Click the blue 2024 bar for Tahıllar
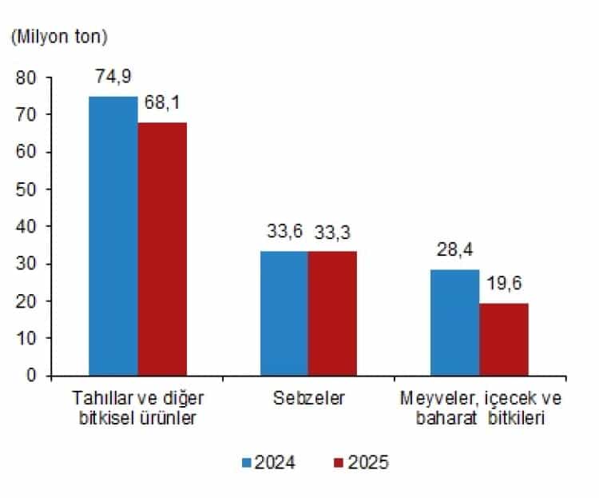[x=113, y=236]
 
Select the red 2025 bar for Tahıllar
[x=162, y=249]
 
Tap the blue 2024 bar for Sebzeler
[x=284, y=313]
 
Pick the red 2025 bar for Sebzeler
[x=332, y=313]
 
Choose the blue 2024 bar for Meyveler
[x=454, y=322]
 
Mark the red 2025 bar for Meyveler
[x=504, y=339]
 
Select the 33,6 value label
[x=284, y=233]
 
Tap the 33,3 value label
[x=332, y=233]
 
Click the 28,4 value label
[x=454, y=252]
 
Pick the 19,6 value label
[x=504, y=285]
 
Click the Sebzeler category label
[x=308, y=398]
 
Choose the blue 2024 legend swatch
[x=247, y=463]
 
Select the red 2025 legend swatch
[x=337, y=463]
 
